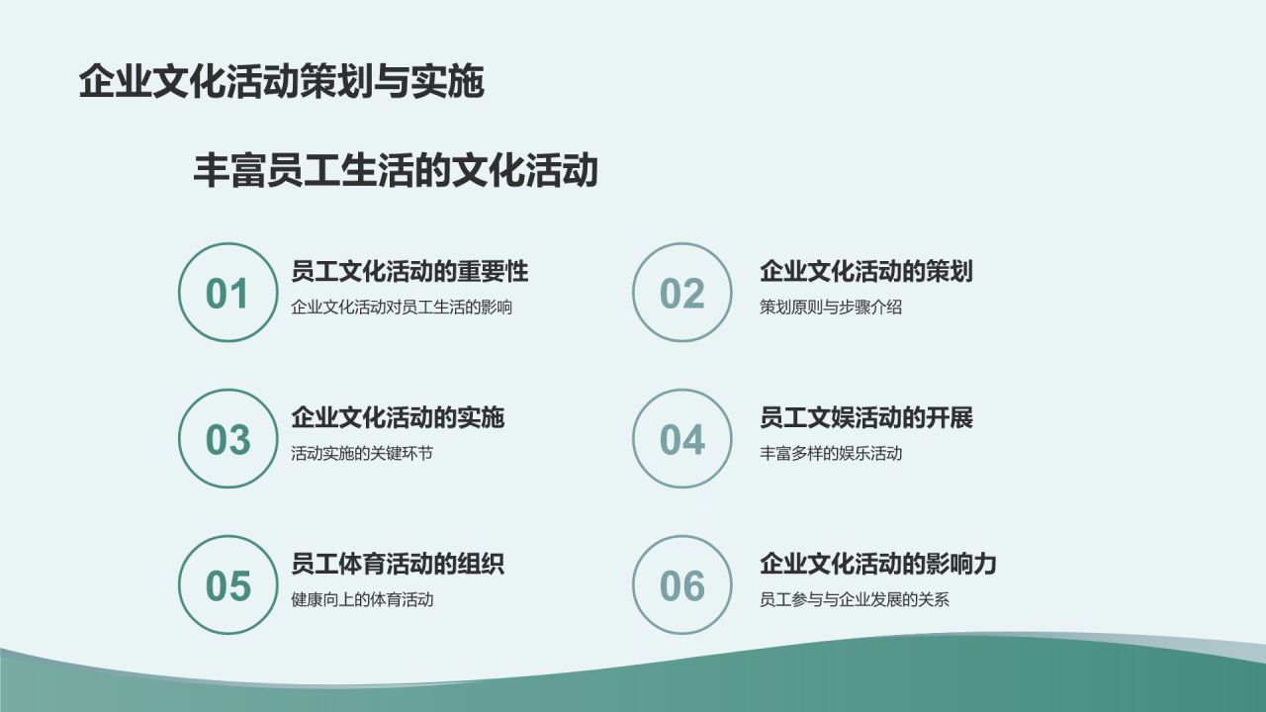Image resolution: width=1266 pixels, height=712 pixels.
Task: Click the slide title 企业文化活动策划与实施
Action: (281, 82)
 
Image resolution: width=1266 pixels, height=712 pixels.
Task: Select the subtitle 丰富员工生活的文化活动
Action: (396, 170)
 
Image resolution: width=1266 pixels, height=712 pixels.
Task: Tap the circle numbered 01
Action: (227, 294)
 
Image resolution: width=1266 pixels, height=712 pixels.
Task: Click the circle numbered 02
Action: (681, 294)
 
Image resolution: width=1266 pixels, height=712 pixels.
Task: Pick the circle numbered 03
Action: (227, 439)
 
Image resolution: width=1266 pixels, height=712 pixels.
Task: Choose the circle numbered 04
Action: (681, 439)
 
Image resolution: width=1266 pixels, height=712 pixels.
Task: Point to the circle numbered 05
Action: (227, 585)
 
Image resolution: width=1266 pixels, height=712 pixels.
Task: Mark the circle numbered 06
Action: (681, 585)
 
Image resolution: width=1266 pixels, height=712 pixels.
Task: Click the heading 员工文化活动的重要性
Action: (409, 272)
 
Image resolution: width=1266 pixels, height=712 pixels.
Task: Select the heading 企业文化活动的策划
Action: (866, 272)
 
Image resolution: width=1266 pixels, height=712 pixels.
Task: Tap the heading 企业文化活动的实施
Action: (398, 418)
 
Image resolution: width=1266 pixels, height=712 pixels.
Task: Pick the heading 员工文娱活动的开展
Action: (866, 418)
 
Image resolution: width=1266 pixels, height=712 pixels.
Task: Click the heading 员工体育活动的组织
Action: (398, 565)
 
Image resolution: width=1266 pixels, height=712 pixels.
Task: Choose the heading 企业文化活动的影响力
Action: (878, 565)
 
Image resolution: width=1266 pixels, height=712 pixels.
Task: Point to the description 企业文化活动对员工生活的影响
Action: (402, 307)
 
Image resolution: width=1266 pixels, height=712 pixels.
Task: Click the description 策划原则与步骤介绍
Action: (831, 307)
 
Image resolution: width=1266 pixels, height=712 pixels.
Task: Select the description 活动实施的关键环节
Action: (362, 453)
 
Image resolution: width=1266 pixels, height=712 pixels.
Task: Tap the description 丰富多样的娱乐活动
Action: (831, 453)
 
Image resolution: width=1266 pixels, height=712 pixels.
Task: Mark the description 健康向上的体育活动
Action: (362, 599)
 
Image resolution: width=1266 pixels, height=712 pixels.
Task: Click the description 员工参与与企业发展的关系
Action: (855, 599)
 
